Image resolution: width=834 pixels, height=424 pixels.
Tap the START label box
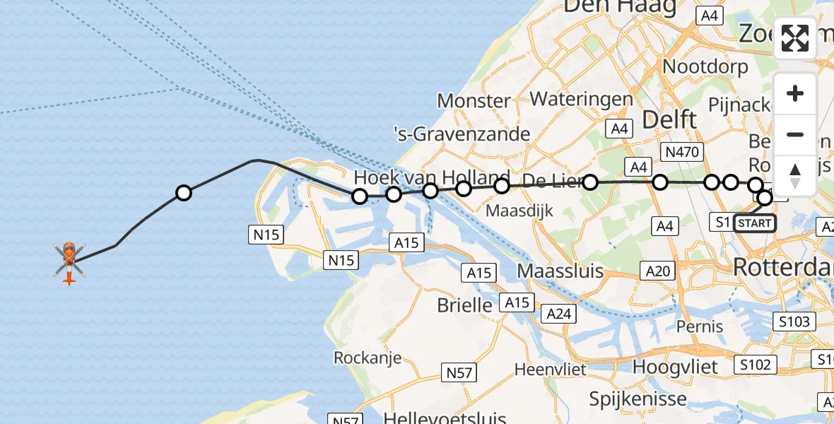tap(754, 223)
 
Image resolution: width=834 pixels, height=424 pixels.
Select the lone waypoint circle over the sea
tap(184, 192)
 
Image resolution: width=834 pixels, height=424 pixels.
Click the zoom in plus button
tap(795, 93)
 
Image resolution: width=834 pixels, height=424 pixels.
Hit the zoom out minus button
tap(795, 134)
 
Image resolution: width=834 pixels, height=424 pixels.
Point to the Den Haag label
tap(619, 7)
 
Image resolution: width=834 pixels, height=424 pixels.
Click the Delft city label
tap(669, 119)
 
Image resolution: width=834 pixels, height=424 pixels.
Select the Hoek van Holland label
tap(431, 177)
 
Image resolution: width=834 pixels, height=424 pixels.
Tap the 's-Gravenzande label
tap(462, 134)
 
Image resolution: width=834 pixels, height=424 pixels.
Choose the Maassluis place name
tap(560, 271)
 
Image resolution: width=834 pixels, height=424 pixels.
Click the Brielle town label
tap(464, 305)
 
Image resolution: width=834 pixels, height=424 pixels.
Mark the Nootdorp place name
tap(706, 67)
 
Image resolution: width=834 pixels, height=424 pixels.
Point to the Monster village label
tap(474, 100)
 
